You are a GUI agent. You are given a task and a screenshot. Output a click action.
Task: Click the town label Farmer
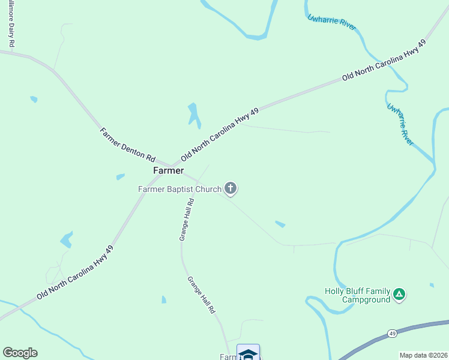point(168,170)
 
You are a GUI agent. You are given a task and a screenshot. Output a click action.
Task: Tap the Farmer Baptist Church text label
point(179,189)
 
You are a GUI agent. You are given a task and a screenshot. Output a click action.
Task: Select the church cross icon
point(231,189)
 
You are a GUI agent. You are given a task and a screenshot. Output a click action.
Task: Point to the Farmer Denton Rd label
point(127,145)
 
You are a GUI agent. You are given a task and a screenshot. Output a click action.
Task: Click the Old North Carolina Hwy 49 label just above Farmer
point(220,134)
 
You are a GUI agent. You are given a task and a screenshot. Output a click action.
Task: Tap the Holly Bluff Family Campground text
point(357,295)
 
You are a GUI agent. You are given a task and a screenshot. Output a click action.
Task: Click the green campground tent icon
point(400,295)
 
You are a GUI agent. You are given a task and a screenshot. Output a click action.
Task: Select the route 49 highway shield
point(393,332)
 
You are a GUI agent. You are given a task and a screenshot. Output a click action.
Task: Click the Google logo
point(20,353)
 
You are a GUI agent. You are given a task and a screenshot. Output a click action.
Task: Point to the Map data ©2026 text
point(423,355)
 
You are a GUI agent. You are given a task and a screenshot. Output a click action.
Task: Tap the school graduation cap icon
point(248,354)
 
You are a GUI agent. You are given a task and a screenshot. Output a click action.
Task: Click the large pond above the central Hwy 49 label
point(193,115)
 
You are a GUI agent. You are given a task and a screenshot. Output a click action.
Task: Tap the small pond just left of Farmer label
point(120,177)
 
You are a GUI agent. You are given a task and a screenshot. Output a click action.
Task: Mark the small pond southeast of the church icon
point(280,224)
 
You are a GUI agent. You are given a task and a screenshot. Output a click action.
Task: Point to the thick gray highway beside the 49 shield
point(420,328)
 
